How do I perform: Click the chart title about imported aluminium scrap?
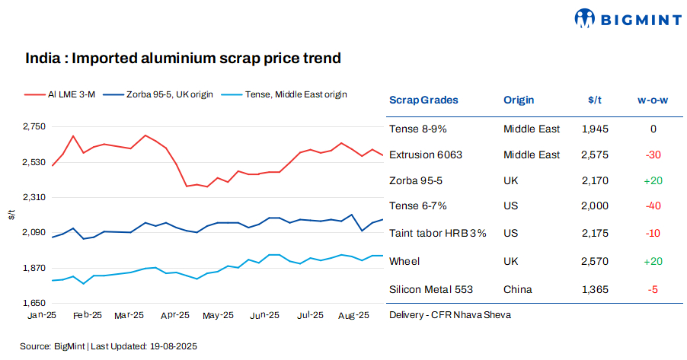[183, 58]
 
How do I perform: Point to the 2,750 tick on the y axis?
[34, 126]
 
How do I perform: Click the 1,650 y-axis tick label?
[34, 303]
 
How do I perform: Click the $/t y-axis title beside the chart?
[11, 215]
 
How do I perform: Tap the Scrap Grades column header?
[423, 100]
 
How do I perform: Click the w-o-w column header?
[652, 100]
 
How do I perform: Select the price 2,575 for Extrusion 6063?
[594, 155]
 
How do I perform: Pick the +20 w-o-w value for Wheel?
[653, 261]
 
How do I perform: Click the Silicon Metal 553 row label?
[431, 289]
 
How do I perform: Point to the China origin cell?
[518, 289]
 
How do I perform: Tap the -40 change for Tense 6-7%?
[653, 205]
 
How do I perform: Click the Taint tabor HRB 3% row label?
[437, 233]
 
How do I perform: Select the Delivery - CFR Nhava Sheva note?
[449, 314]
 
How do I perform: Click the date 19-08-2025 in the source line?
[174, 346]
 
